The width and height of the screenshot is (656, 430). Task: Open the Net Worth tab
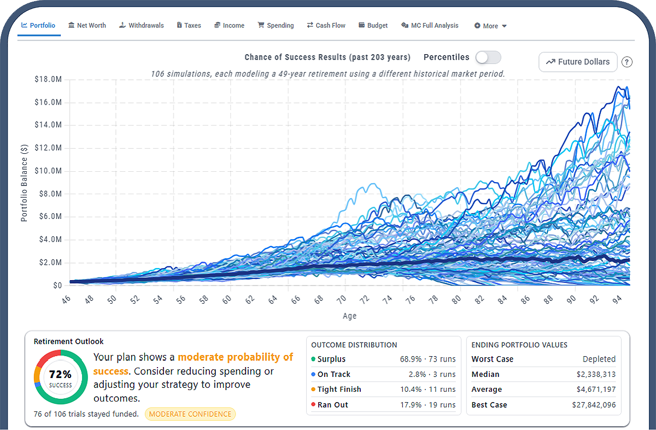tap(87, 26)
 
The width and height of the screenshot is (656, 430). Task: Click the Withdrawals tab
tap(142, 26)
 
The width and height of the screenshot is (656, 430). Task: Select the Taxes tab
tap(189, 26)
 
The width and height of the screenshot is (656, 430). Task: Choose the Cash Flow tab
tap(326, 26)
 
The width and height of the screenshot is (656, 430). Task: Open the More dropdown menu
tap(490, 26)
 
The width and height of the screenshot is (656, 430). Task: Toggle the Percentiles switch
tap(488, 57)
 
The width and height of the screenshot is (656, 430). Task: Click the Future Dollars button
tap(578, 62)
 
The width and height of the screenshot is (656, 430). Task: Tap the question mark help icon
tap(627, 62)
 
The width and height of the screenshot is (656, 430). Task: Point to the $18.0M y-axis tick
tap(49, 80)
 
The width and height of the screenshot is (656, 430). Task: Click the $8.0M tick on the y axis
tap(50, 194)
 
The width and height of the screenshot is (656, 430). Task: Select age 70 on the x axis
tap(342, 300)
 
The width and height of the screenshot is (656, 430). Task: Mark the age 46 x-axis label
tap(67, 300)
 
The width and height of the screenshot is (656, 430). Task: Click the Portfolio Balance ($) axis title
tap(24, 183)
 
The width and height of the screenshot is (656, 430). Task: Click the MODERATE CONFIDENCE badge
tap(190, 414)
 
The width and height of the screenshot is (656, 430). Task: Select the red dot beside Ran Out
tap(313, 405)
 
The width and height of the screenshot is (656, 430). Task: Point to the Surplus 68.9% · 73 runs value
tap(427, 359)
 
